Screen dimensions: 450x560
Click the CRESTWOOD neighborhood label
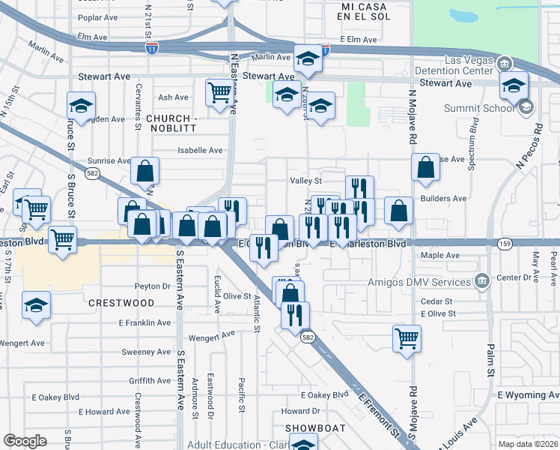pyautogui.click(x=121, y=304)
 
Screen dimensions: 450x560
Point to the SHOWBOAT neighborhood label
pyautogui.click(x=315, y=428)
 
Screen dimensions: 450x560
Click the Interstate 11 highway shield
pyautogui.click(x=152, y=48)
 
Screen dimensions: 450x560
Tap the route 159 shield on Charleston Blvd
pyautogui.click(x=505, y=244)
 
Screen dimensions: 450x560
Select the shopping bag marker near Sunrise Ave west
pyautogui.click(x=144, y=171)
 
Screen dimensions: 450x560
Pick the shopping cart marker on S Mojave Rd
pyautogui.click(x=407, y=337)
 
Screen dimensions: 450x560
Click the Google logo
pyautogui.click(x=25, y=441)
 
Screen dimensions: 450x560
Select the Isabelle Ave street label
pyautogui.click(x=200, y=150)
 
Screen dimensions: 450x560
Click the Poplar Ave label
pyautogui.click(x=98, y=17)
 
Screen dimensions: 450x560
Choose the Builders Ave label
pyautogui.click(x=444, y=199)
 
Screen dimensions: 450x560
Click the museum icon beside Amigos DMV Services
pyautogui.click(x=481, y=282)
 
